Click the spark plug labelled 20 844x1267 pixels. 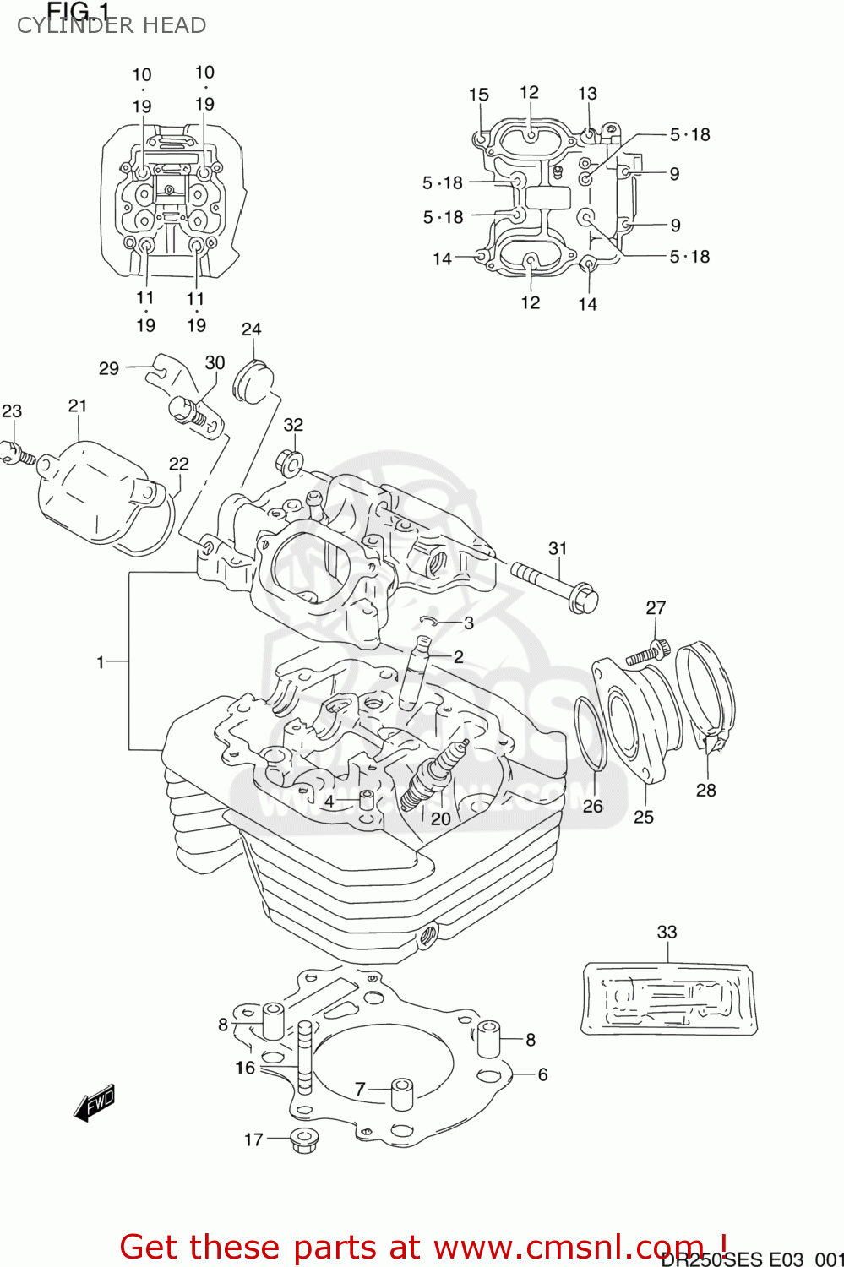tap(433, 772)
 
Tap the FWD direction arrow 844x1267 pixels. tap(95, 1103)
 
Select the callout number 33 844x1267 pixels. tap(667, 932)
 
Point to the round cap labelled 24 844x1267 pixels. tap(253, 379)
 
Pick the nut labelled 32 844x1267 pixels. tap(289, 462)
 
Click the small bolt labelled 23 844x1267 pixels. tap(17, 454)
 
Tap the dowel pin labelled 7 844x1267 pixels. tap(400, 1093)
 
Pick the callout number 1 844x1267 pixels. tap(100, 662)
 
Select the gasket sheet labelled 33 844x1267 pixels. tap(668, 998)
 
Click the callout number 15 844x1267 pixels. tap(478, 95)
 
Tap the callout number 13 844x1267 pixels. tap(587, 94)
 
